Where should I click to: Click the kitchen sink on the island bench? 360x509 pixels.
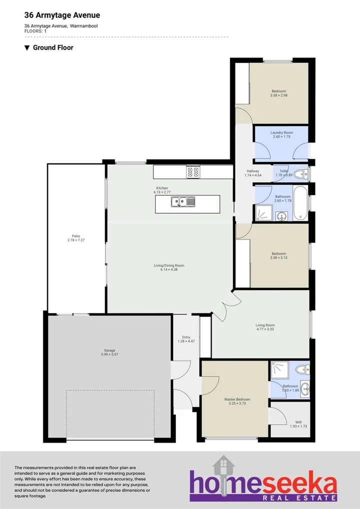click(182, 202)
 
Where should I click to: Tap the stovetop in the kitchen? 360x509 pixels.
click(193, 172)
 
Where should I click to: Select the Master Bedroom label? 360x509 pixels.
click(237, 399)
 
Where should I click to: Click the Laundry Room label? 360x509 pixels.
click(281, 132)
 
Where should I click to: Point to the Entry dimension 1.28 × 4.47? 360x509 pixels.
click(185, 341)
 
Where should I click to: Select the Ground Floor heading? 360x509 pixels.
click(53, 48)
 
